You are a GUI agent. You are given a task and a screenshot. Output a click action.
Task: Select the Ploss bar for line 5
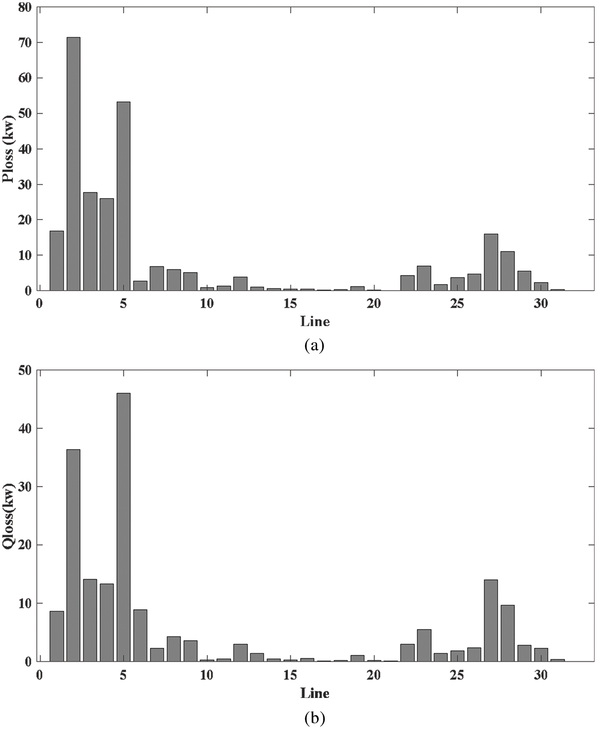click(123, 196)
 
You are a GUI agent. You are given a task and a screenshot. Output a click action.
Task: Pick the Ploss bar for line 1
click(56, 261)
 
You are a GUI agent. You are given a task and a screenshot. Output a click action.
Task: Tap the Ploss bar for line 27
click(490, 262)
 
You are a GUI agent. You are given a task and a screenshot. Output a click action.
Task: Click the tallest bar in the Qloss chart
click(123, 527)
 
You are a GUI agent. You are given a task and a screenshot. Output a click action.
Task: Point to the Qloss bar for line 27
click(490, 620)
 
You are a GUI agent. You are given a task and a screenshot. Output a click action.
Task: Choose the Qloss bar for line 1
click(56, 636)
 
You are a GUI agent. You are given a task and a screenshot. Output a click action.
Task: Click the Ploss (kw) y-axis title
click(8, 149)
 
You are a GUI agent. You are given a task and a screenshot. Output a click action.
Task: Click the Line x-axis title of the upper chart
click(315, 321)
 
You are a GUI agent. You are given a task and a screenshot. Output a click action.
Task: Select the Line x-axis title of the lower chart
click(315, 693)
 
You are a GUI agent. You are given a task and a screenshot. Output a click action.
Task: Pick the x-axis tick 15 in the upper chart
click(290, 304)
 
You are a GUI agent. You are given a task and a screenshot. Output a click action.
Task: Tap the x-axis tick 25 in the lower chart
click(457, 675)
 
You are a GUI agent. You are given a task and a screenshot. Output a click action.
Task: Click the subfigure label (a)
click(314, 345)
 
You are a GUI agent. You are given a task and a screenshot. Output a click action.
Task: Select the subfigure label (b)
click(314, 717)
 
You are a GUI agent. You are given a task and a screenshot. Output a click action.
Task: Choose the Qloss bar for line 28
click(507, 633)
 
